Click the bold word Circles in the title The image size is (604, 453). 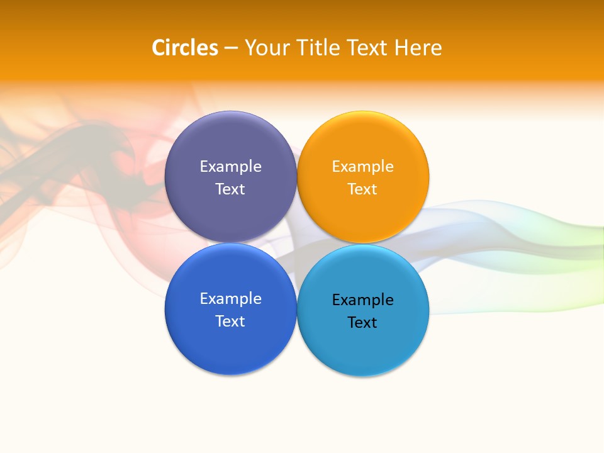(x=184, y=48)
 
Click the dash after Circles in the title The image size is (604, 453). (x=231, y=48)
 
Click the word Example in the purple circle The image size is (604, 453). (x=230, y=167)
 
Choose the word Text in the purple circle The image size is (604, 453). (x=230, y=189)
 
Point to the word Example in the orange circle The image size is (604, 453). (x=362, y=167)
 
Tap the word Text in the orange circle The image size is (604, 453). (x=362, y=189)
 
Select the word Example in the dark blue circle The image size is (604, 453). (x=230, y=299)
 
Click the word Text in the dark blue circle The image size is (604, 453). (x=230, y=322)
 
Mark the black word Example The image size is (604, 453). (x=362, y=300)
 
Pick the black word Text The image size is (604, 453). (x=362, y=323)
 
